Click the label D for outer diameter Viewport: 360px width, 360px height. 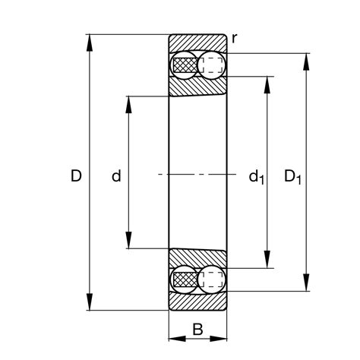pyautogui.click(x=75, y=177)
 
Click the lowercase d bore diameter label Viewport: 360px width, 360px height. pyautogui.click(x=116, y=177)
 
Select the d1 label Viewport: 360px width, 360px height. pyautogui.click(x=256, y=178)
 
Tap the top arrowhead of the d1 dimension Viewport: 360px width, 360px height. pyautogui.click(x=267, y=83)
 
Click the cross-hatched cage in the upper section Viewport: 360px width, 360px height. pyautogui.click(x=185, y=66)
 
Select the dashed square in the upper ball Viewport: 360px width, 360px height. pyautogui.click(x=213, y=65)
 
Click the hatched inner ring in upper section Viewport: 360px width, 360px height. pyautogui.click(x=197, y=87)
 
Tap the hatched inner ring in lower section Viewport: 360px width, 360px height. pyautogui.click(x=197, y=258)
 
